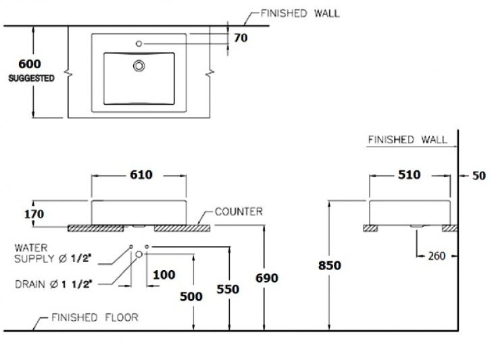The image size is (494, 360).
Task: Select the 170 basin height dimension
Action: [x=34, y=214]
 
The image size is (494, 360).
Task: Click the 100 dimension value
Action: [x=164, y=274]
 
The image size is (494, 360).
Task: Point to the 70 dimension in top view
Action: [x=241, y=38]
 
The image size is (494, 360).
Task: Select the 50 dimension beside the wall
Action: [x=478, y=176]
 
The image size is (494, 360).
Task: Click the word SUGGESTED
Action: [x=31, y=78]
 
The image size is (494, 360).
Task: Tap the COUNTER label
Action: [x=238, y=211]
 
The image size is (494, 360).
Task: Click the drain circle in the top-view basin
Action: [x=140, y=66]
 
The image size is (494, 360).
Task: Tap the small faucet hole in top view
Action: [x=139, y=43]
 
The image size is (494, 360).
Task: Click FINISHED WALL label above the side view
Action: [x=407, y=140]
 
